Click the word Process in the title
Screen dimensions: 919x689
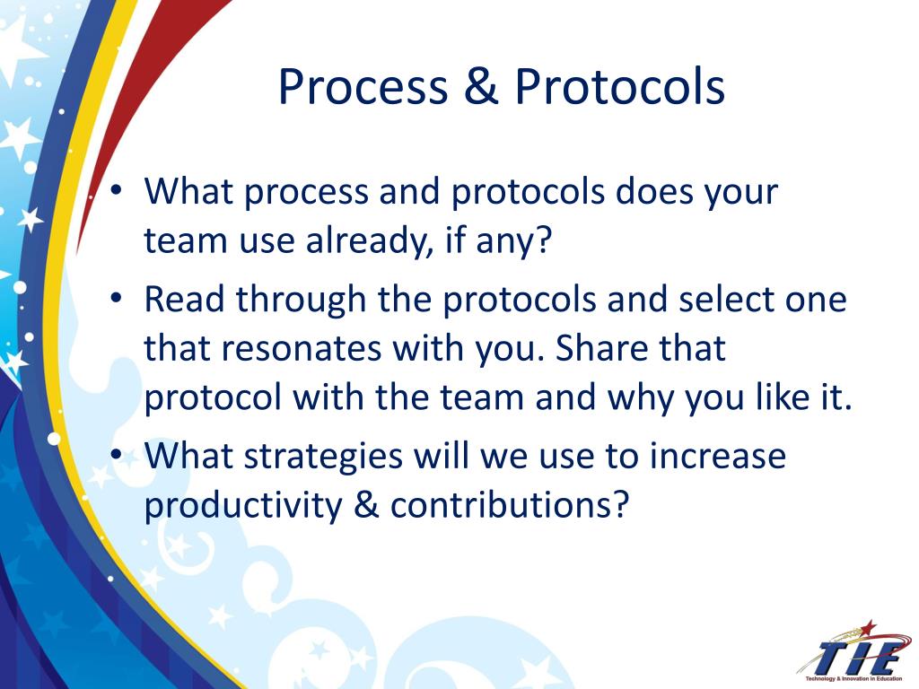pos(363,87)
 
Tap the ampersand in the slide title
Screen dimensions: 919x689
pos(481,87)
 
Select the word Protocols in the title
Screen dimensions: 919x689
pos(619,87)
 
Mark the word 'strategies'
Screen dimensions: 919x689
pos(323,457)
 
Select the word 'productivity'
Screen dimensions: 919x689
pos(243,506)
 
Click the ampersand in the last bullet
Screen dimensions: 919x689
pos(366,505)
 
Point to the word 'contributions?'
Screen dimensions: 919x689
pos(510,505)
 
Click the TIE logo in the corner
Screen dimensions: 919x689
pos(853,652)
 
